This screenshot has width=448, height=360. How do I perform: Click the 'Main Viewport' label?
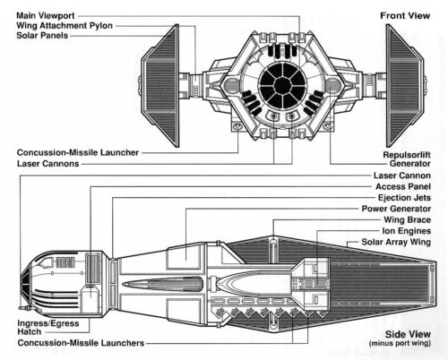pyautogui.click(x=46, y=15)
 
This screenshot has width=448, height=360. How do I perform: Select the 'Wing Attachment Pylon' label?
pyautogui.click(x=65, y=26)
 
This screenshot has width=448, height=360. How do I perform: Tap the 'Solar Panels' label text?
pyautogui.click(x=42, y=36)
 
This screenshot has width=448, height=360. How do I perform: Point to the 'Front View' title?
pyautogui.click(x=405, y=16)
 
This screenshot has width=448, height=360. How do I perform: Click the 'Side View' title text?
pyautogui.click(x=408, y=334)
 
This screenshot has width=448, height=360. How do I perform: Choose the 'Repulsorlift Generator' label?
pyautogui.click(x=407, y=159)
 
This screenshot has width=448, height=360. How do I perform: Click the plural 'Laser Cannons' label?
pyautogui.click(x=47, y=164)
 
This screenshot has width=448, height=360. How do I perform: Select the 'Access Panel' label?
pyautogui.click(x=403, y=186)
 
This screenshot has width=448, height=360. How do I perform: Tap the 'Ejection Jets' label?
pyautogui.click(x=404, y=198)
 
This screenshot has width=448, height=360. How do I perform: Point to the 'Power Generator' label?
pyautogui.click(x=396, y=209)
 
